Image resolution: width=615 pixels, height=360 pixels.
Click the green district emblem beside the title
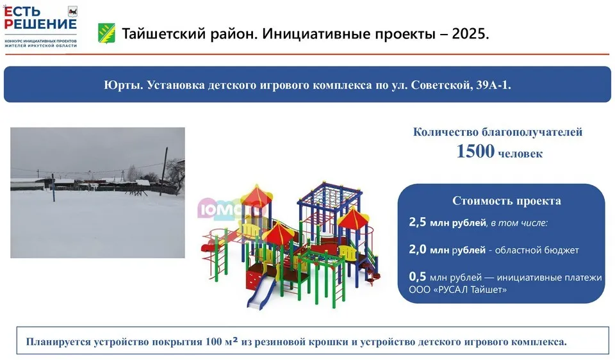pyautogui.click(x=106, y=33)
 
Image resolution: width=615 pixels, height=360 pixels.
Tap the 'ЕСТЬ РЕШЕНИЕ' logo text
pyautogui.click(x=40, y=18)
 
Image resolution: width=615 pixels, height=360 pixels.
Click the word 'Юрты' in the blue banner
pyautogui.click(x=123, y=85)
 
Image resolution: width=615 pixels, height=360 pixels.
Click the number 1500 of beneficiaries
pyautogui.click(x=475, y=151)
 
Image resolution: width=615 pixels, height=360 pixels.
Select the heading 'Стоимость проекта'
pyautogui.click(x=506, y=200)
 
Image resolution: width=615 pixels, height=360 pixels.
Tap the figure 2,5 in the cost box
pyautogui.click(x=417, y=222)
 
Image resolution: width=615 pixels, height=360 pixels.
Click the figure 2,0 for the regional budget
pyautogui.click(x=417, y=249)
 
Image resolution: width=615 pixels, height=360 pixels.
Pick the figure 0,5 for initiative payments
pyautogui.click(x=417, y=277)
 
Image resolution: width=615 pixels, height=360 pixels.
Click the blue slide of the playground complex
pyautogui.click(x=261, y=292)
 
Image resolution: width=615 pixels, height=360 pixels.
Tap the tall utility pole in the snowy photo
pyautogui.click(x=163, y=172)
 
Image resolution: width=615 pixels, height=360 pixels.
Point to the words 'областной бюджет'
pyautogui.click(x=537, y=250)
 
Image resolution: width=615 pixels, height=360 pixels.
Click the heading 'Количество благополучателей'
pyautogui.click(x=497, y=132)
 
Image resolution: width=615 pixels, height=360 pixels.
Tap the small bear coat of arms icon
pyautogui.click(x=72, y=11)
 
